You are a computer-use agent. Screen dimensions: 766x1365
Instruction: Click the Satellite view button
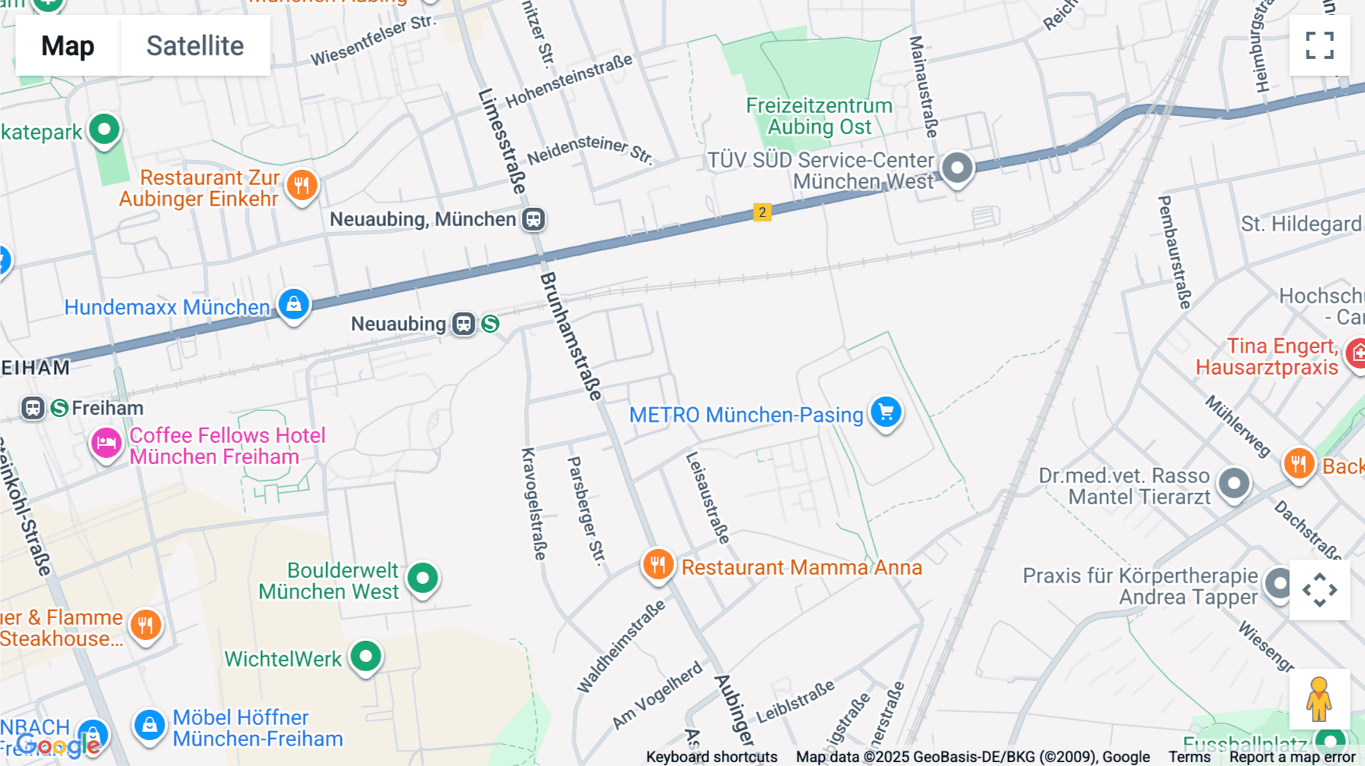coord(195,46)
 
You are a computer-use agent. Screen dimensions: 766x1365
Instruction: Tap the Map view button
coord(67,46)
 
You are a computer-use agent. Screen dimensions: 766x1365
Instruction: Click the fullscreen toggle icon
coord(1319,46)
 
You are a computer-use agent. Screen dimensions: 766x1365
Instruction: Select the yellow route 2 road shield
coord(762,212)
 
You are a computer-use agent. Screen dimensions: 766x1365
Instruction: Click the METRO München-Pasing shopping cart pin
coord(886,413)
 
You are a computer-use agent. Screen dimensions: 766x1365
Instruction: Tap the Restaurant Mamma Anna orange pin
coord(658,565)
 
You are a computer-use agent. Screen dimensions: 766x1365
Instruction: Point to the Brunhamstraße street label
coord(570,336)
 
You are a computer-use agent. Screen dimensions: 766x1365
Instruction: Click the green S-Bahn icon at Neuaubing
coord(491,324)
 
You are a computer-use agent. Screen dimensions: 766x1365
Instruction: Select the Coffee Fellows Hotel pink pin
coord(106,443)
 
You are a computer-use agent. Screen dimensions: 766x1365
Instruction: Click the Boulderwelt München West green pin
coord(422,579)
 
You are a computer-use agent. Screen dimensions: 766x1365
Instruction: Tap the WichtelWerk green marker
coord(366,656)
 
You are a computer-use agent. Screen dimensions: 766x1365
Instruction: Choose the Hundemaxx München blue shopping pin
coord(293,305)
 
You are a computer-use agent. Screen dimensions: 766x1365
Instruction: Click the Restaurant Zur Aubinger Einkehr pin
coord(302,185)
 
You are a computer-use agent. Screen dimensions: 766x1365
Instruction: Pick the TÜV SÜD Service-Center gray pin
coord(957,167)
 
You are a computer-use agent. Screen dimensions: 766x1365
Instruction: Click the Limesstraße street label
coord(502,141)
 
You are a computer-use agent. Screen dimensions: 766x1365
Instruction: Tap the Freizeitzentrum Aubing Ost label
coord(819,116)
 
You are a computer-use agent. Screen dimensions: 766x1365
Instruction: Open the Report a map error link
coord(1292,757)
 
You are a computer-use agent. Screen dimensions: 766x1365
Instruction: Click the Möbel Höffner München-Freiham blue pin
coord(149,726)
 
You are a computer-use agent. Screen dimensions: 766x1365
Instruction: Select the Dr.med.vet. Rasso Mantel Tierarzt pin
coord(1234,483)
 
